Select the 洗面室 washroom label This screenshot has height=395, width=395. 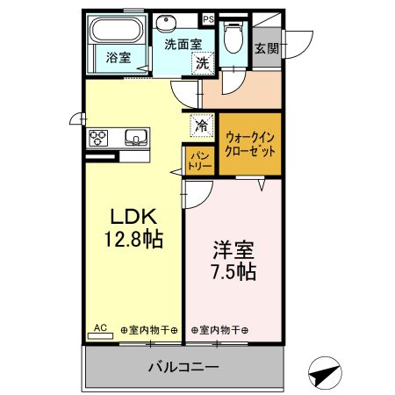pos(183,45)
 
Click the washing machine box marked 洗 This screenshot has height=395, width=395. pos(203,62)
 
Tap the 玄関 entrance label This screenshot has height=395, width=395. pos(267,49)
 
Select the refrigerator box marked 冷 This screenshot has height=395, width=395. pos(201,126)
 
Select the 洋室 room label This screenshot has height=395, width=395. pos(233,248)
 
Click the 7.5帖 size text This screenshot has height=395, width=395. pos(233,271)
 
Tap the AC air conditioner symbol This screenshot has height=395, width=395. pos(100,328)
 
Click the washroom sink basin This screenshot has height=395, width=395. pos(168,24)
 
